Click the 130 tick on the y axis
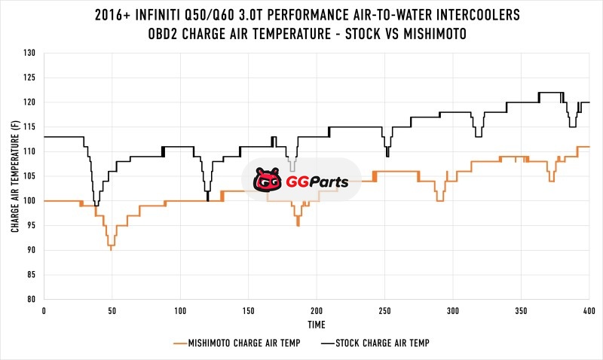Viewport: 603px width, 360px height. (29, 53)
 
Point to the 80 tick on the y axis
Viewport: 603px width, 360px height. (31, 299)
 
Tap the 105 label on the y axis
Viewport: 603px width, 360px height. (29, 176)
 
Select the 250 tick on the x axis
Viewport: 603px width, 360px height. (384, 310)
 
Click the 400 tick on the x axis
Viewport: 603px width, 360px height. (589, 310)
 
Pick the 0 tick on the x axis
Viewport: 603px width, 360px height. (44, 310)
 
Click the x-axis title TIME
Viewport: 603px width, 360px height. (317, 325)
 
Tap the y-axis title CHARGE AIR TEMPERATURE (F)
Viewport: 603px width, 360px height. (15, 176)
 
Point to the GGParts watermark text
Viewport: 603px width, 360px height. (311, 182)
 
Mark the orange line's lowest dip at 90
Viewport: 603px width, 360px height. (112, 248)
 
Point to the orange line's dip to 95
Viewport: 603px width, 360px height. (298, 224)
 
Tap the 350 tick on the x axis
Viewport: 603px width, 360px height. (521, 310)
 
